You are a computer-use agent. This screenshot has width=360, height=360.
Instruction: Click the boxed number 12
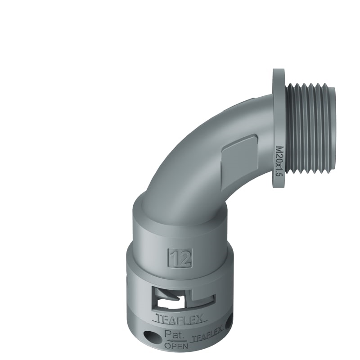coord(180,257)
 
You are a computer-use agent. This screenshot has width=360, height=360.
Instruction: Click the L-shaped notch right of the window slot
coord(202,297)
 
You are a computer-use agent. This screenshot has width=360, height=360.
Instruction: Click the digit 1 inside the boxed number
coord(175,257)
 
